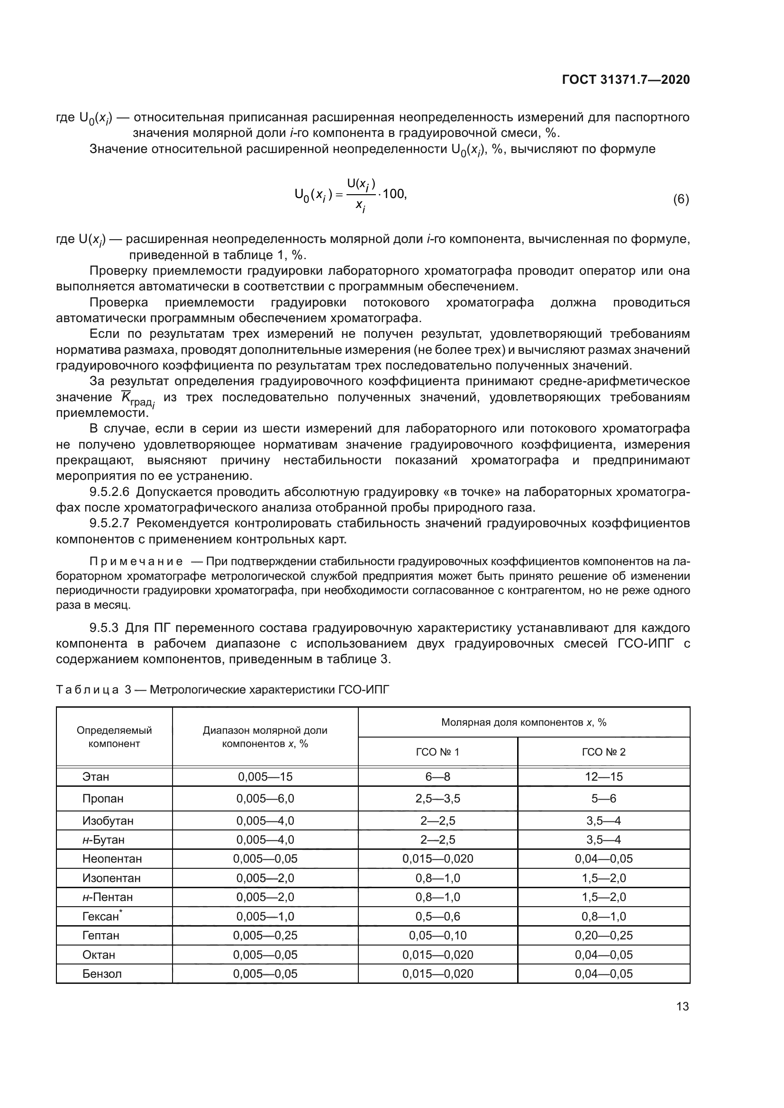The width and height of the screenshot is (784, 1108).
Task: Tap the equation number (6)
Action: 681,199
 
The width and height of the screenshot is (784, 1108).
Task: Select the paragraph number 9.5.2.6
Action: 109,492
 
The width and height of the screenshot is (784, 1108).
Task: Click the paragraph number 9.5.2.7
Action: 109,523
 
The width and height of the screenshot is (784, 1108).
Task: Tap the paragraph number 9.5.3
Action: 104,628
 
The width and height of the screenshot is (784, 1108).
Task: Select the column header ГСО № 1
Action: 438,752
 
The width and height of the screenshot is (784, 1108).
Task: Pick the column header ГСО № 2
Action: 603,752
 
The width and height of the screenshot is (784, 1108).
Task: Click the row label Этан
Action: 96,776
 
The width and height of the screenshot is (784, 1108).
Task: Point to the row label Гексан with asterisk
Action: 102,916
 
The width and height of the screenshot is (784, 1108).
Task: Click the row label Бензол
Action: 102,973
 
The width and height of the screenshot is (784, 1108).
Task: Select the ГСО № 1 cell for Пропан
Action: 438,799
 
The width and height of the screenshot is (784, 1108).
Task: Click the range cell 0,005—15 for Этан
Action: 265,776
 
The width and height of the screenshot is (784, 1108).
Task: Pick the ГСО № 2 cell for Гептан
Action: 603,935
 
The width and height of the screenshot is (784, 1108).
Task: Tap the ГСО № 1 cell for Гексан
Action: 438,916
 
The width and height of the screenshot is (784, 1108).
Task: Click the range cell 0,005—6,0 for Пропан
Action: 265,799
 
